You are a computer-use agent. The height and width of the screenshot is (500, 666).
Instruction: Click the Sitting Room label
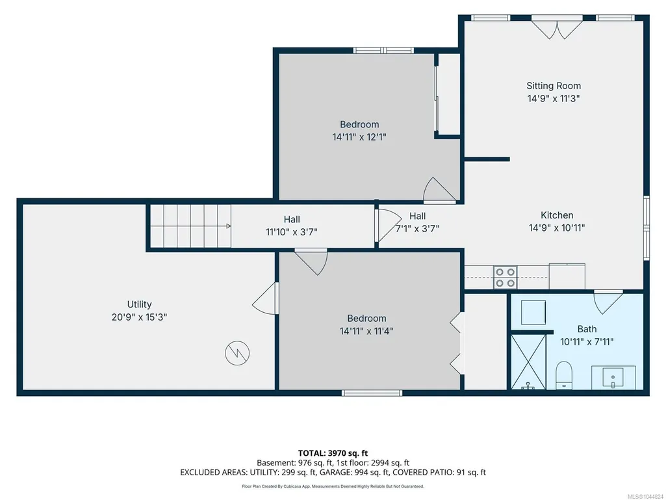(554, 86)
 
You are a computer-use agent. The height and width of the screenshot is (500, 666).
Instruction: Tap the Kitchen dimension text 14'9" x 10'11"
(556, 228)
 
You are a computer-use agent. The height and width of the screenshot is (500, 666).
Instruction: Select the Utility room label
(139, 304)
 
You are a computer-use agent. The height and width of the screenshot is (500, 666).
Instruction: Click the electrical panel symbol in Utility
(237, 353)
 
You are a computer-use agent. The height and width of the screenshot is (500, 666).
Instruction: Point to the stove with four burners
(505, 277)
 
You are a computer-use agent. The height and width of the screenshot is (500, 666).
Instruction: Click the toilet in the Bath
(563, 375)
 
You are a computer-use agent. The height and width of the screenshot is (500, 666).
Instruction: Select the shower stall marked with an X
(528, 362)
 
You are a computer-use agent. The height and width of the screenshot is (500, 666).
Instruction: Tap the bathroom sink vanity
(613, 378)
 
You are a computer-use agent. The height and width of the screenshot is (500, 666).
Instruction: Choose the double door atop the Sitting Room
(557, 28)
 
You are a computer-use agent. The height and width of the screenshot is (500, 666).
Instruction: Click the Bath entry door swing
(608, 302)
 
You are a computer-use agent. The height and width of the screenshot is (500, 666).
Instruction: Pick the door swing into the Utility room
(266, 298)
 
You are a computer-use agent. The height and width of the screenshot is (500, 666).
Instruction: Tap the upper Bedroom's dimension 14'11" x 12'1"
(359, 137)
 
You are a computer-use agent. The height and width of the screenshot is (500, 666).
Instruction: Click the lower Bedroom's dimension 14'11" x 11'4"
(366, 331)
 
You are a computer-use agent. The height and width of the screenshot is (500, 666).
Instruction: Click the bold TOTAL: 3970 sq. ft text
(333, 453)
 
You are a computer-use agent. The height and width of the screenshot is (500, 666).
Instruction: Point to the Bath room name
(587, 329)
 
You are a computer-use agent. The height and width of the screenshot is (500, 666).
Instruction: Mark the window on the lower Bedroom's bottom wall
(372, 393)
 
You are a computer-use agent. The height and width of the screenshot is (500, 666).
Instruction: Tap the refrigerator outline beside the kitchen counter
(567, 276)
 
